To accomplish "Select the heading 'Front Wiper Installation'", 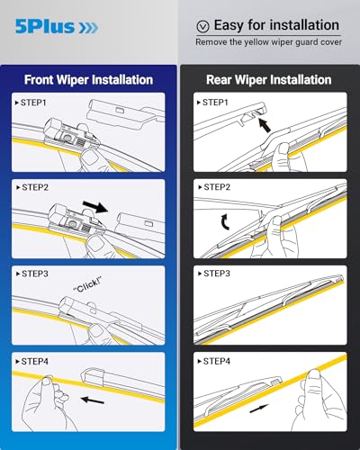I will click(88, 79).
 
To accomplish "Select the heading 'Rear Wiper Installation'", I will click(269, 79).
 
